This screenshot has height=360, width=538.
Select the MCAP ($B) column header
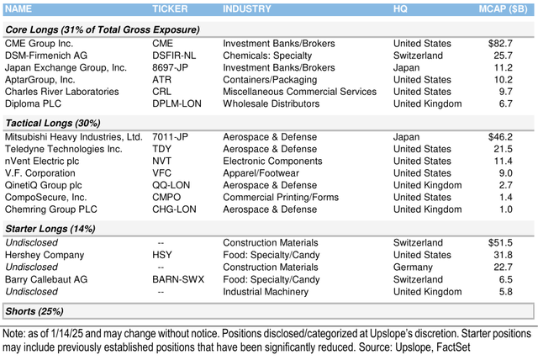point(501,8)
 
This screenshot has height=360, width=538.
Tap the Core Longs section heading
point(101,29)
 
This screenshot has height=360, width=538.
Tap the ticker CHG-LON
point(176,210)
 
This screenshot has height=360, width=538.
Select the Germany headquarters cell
point(414,267)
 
